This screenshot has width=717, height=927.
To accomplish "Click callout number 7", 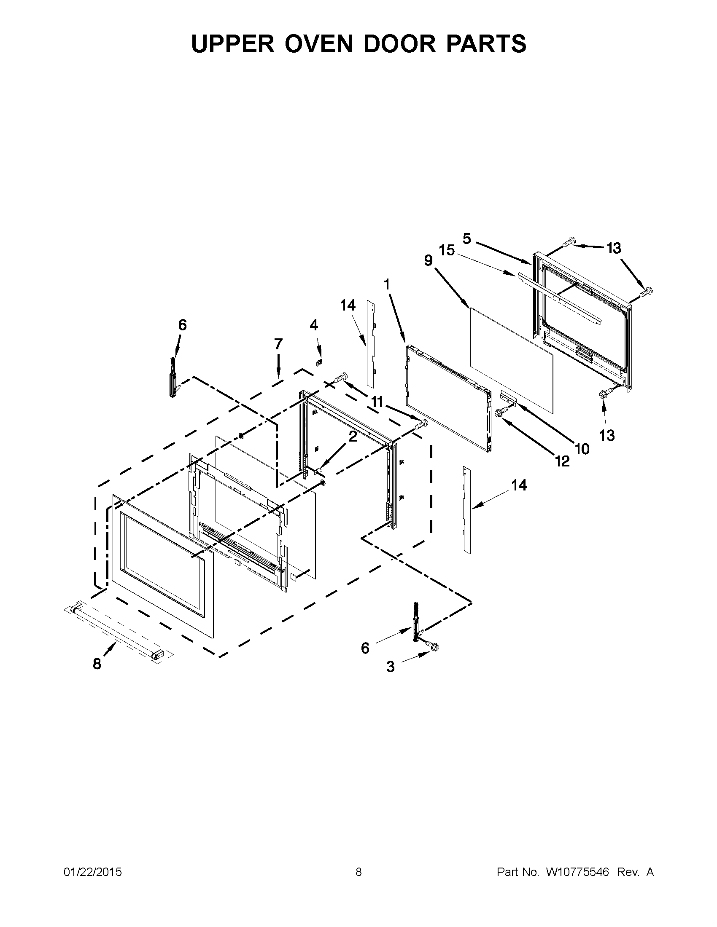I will click(278, 344).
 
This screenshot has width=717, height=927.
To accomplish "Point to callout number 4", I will click(313, 326).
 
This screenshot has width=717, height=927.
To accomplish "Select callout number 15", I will click(447, 250).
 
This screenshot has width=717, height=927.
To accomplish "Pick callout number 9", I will click(428, 260).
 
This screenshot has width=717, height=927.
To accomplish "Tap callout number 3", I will click(391, 667).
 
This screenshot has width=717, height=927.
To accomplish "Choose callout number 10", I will click(582, 449).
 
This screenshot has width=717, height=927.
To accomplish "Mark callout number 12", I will click(562, 461).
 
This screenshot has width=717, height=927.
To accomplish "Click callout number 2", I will click(353, 437).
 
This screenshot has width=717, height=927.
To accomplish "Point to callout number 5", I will click(467, 239).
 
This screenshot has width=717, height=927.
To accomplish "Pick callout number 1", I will click(386, 285).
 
